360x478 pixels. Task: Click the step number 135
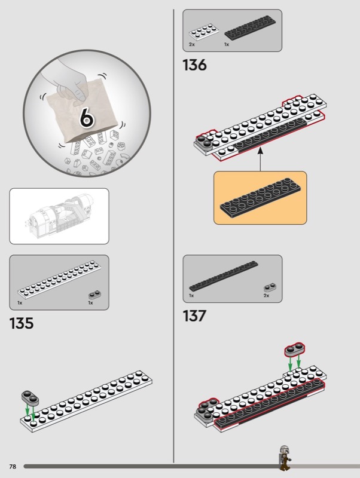[x=22, y=323]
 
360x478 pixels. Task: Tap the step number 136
[x=194, y=65]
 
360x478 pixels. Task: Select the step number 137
[x=194, y=316]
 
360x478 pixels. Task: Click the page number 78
[x=13, y=467]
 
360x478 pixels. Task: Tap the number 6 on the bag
[x=87, y=117]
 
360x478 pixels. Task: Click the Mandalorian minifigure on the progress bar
[x=284, y=458]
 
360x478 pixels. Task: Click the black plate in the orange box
[x=261, y=198]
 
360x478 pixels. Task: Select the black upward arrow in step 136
[x=260, y=159]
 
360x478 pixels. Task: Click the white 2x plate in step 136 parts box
[x=204, y=32]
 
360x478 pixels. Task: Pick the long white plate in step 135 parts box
[x=59, y=279]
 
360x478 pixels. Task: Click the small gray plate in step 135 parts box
[x=94, y=295]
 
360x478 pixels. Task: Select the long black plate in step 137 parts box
[x=223, y=275]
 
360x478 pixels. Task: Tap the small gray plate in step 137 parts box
[x=270, y=288]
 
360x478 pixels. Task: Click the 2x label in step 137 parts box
[x=266, y=296]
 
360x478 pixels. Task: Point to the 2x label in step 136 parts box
[x=191, y=44]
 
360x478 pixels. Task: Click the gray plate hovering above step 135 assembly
[x=30, y=397]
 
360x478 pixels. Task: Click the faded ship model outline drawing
[x=59, y=216]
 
